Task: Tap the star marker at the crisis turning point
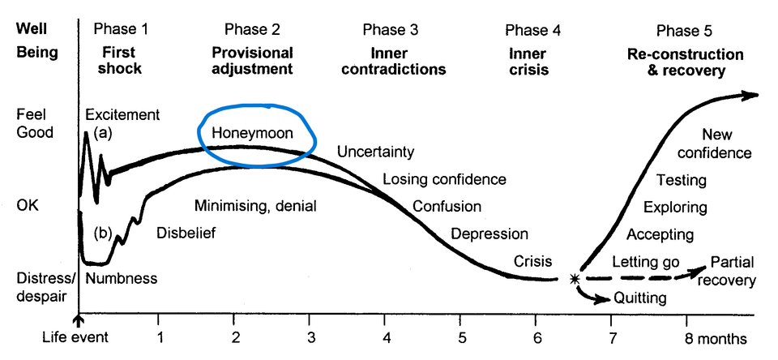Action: [x=575, y=279]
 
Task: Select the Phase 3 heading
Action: [x=390, y=31]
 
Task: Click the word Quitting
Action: [x=641, y=298]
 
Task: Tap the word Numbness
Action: [x=121, y=278]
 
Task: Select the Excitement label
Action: [x=122, y=114]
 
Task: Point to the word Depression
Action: [x=489, y=234]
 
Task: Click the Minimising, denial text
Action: [x=255, y=205]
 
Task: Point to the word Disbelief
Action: [x=186, y=233]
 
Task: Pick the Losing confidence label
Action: [x=444, y=179]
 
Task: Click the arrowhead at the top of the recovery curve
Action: [x=753, y=95]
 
